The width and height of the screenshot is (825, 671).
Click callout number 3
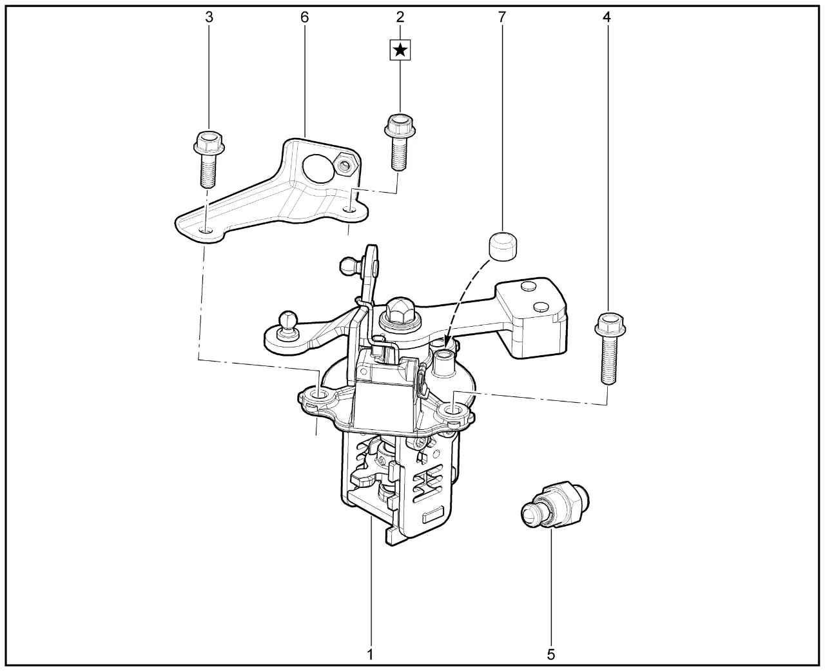[x=209, y=17]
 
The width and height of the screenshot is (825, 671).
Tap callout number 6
[x=304, y=17]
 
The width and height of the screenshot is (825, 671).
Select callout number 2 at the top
[x=400, y=17]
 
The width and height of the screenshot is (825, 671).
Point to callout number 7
[x=502, y=17]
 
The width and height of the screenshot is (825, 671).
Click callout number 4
[x=607, y=17]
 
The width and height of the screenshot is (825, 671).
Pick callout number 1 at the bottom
[x=370, y=654]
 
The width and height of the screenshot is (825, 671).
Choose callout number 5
[x=551, y=654]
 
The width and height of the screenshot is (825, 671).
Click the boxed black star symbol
[x=400, y=50]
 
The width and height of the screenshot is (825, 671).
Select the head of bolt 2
[x=400, y=125]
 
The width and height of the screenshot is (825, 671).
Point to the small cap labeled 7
[x=503, y=246]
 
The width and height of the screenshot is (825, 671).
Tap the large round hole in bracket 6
[x=318, y=169]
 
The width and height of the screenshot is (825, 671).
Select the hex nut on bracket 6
[x=344, y=164]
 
